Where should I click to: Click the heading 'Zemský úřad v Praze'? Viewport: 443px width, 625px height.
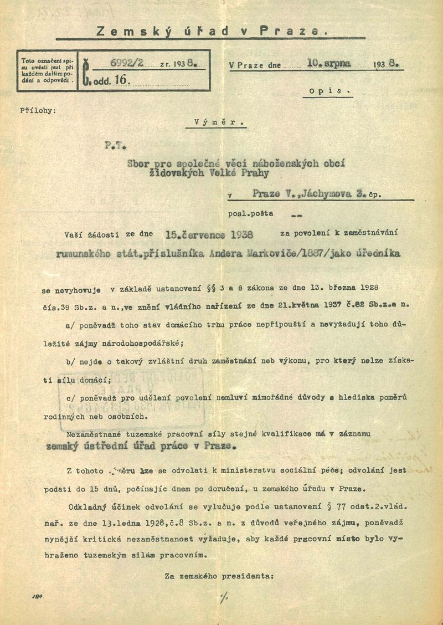coord(212,32)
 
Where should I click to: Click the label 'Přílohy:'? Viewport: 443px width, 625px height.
coord(38,110)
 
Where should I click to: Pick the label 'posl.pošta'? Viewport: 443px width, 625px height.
coord(250,214)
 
